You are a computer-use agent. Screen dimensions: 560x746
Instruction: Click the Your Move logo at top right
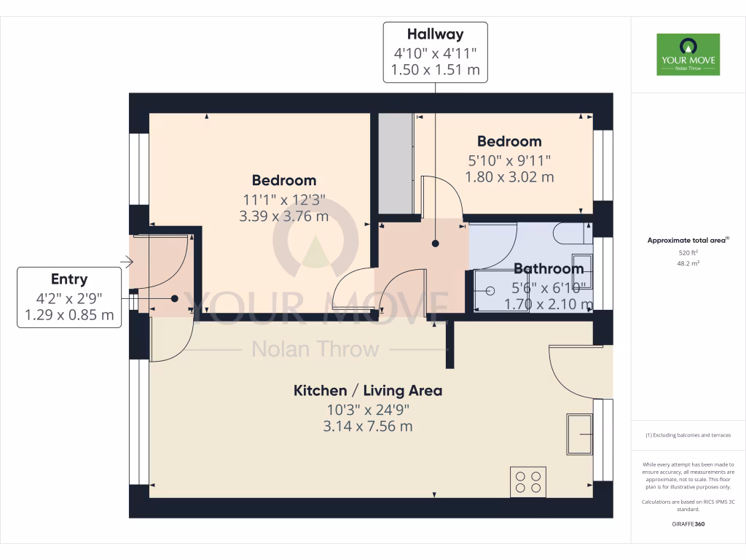pyautogui.click(x=688, y=54)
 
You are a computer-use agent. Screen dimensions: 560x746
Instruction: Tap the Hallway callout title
pyautogui.click(x=435, y=34)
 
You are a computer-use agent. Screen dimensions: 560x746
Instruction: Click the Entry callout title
pyautogui.click(x=69, y=279)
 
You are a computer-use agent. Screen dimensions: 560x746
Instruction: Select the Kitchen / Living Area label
pyautogui.click(x=367, y=391)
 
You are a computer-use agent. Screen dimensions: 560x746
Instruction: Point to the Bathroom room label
pyautogui.click(x=549, y=269)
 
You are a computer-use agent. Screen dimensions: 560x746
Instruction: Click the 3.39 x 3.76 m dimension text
pyautogui.click(x=283, y=216)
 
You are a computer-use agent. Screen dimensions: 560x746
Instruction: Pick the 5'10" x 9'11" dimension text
pyautogui.click(x=509, y=160)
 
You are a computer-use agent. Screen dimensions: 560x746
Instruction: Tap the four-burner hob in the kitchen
pyautogui.click(x=528, y=482)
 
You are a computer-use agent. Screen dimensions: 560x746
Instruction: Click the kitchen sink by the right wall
pyautogui.click(x=580, y=433)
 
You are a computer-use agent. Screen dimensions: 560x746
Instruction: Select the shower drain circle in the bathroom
pyautogui.click(x=490, y=290)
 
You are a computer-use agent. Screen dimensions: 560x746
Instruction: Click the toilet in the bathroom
pyautogui.click(x=572, y=233)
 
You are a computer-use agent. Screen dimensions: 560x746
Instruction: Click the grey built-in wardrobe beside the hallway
pyautogui.click(x=396, y=164)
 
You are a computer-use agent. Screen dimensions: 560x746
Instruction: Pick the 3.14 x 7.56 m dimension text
pyautogui.click(x=367, y=426)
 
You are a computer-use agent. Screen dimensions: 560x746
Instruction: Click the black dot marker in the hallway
pyautogui.click(x=435, y=244)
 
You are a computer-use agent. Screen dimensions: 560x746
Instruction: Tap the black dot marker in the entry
pyautogui.click(x=175, y=297)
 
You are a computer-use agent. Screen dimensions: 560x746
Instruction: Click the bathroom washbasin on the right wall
pyautogui.click(x=581, y=271)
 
